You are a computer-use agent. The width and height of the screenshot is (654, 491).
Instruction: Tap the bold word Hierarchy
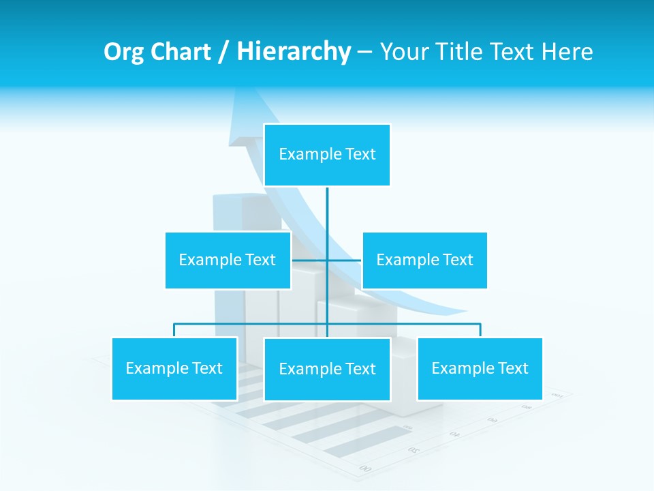point(294,52)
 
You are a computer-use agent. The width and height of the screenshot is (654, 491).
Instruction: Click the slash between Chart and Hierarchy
point(223,53)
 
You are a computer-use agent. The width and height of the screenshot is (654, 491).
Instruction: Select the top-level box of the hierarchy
point(327,155)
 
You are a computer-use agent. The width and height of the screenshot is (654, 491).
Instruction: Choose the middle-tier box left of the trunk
point(228,260)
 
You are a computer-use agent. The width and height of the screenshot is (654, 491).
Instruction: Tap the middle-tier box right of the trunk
point(424,260)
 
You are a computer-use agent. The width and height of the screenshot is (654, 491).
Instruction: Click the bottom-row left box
point(174,368)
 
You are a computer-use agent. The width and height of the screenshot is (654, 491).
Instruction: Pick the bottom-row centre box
point(327,369)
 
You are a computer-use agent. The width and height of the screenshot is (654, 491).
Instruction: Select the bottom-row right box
point(480,368)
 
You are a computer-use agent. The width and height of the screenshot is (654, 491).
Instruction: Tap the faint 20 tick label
point(414,449)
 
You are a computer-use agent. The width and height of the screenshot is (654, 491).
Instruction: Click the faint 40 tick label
point(454,434)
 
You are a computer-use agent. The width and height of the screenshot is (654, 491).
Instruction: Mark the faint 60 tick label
point(492,419)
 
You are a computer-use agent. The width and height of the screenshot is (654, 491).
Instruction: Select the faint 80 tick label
point(527,406)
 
